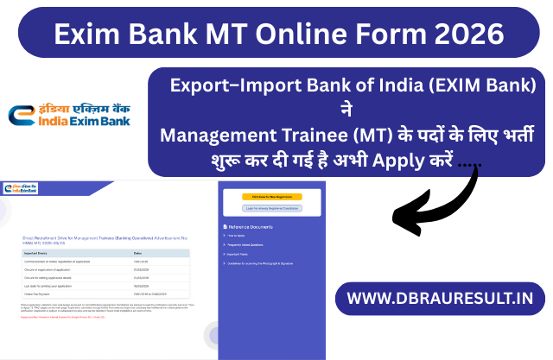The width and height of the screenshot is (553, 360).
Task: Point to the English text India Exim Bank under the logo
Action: tap(72, 123)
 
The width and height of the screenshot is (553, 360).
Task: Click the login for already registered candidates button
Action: tap(271, 208)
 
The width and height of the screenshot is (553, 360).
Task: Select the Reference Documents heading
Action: tap(251, 226)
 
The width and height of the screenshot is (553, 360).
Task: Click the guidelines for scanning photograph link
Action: tap(263, 263)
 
